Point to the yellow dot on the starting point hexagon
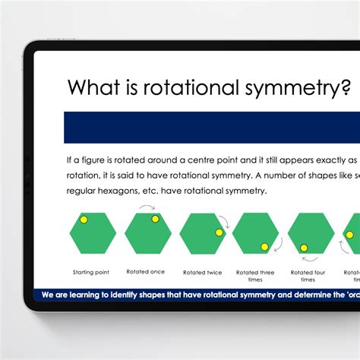point(84,219)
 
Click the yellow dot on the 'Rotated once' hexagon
point(155,219)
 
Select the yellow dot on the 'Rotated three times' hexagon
point(264,246)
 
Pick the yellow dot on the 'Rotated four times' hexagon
point(304,248)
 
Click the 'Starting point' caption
point(92,272)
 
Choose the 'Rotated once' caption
point(147,272)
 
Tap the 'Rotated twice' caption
point(202,272)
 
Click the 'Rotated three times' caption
point(256,275)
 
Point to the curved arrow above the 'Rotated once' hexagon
point(147,207)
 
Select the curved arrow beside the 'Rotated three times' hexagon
point(279,245)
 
